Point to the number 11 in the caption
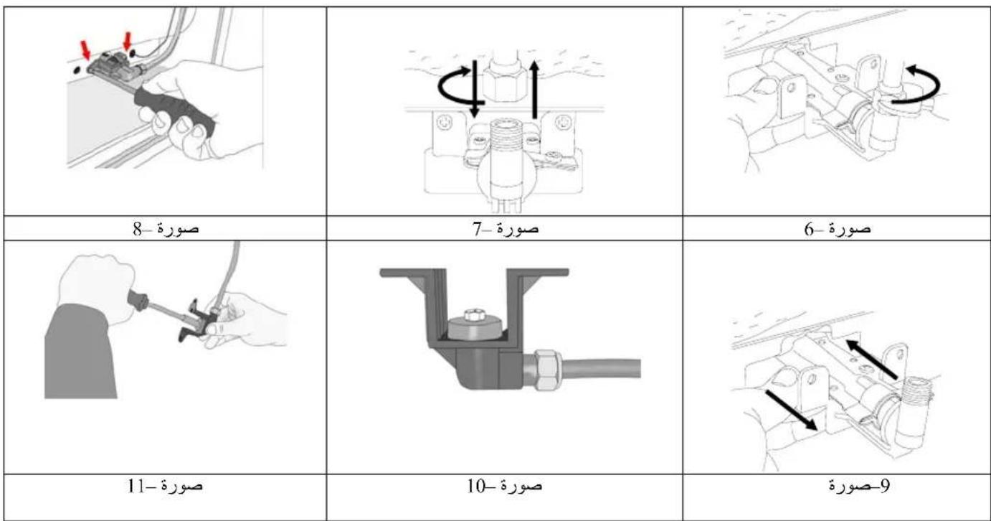[136, 486]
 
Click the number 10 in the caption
[476, 486]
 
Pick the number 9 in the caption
[884, 486]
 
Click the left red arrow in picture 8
[85, 50]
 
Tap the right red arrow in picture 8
[128, 41]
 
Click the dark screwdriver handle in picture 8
[176, 111]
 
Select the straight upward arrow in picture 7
[535, 90]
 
